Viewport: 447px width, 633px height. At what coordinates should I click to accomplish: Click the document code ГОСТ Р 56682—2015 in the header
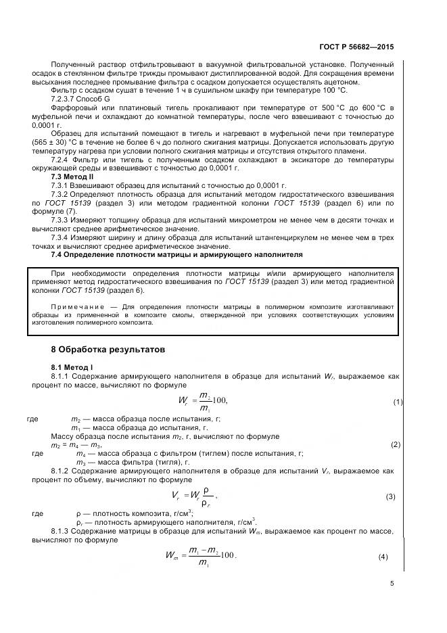[x=356, y=47]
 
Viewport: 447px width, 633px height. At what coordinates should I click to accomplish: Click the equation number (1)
[x=398, y=402]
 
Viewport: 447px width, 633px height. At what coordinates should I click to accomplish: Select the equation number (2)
[x=396, y=445]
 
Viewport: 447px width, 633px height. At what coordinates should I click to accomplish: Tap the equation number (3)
[x=390, y=496]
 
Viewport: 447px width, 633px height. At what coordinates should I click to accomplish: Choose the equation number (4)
[x=383, y=556]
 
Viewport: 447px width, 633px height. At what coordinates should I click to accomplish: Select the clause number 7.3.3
[x=62, y=220]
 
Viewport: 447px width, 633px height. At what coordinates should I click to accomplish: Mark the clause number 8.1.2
[x=62, y=470]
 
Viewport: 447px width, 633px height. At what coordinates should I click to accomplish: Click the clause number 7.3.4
[x=62, y=237]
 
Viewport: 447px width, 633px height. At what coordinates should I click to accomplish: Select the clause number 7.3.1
[x=62, y=185]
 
